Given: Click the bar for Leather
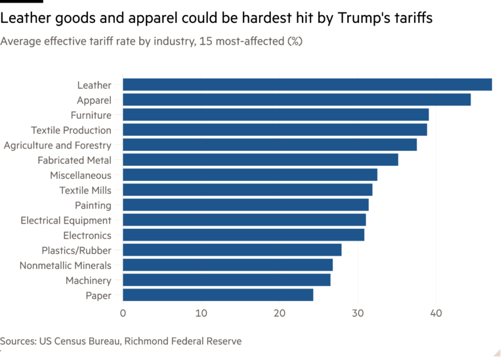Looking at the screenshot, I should (307, 85).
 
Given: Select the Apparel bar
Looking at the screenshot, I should (297, 100).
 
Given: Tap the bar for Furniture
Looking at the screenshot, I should (276, 115).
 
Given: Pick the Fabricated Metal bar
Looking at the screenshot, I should (261, 160).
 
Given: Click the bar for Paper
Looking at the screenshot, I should (218, 295).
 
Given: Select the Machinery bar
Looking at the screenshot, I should (227, 280).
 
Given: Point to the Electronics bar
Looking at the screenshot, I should (243, 235).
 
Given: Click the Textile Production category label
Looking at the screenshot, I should (71, 130).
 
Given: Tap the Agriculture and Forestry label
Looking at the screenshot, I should (57, 145).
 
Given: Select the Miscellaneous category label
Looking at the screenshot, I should (80, 175).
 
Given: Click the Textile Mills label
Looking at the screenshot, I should (85, 190).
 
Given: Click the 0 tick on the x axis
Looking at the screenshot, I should (123, 313).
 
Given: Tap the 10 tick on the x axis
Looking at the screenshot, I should (201, 313).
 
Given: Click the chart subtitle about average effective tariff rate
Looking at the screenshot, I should (152, 42).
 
